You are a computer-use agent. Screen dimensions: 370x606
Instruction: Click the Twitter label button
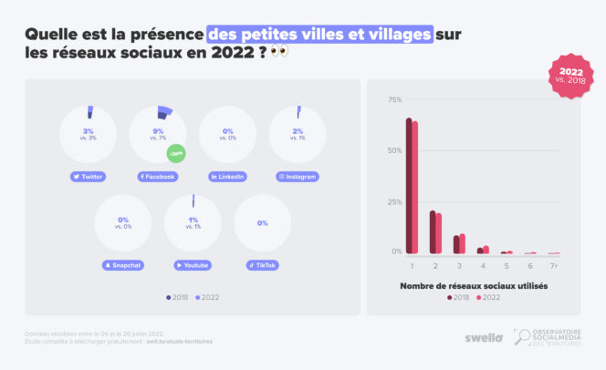[x=88, y=176]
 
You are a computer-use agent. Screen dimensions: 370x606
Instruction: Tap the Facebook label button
[x=157, y=176]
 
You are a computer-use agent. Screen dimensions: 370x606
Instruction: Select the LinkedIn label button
[x=227, y=176]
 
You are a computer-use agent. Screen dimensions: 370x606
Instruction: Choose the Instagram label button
[x=298, y=176]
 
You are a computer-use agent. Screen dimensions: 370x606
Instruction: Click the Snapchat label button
[x=123, y=265]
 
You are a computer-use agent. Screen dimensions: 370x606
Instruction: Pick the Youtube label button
[x=193, y=265]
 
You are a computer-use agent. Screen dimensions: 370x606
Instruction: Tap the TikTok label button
[x=262, y=265]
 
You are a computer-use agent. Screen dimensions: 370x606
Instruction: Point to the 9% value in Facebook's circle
[x=158, y=130]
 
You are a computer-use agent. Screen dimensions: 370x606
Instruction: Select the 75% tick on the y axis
[x=395, y=98]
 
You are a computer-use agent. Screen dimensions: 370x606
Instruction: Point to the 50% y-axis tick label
[x=395, y=149]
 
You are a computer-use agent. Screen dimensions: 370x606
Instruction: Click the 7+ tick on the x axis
[x=554, y=265]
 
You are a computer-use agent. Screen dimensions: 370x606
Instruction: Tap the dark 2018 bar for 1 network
[x=409, y=186]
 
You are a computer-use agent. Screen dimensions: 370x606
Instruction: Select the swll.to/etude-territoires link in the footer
[x=181, y=342]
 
